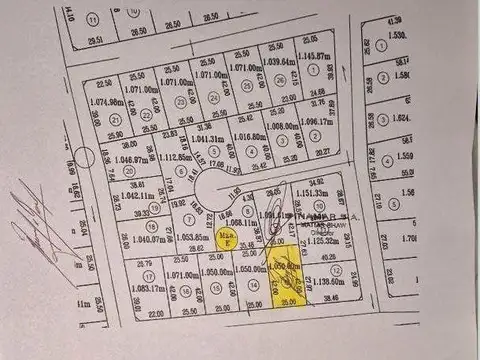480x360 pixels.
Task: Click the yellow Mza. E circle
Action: pyautogui.click(x=226, y=237)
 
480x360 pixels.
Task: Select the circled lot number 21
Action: pyautogui.click(x=145, y=115)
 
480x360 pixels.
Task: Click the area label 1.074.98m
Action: pyautogui.click(x=106, y=101)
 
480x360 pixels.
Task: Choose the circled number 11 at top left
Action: pyautogui.click(x=92, y=19)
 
